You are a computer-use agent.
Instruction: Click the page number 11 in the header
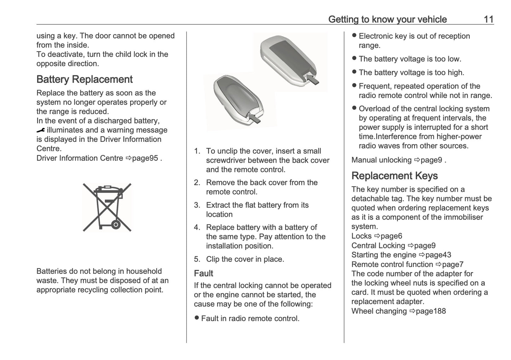coord(488,19)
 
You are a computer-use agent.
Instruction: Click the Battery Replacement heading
coord(84,79)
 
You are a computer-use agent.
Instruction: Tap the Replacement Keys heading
coord(394,176)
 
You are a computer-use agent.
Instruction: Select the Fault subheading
coord(203,273)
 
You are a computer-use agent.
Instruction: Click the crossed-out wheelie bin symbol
coord(107,207)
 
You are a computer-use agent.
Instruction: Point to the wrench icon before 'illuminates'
coord(41,130)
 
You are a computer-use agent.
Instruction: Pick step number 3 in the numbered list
coord(197,205)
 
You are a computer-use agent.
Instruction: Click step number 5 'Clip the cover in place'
coord(197,259)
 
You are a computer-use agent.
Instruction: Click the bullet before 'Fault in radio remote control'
coord(197,318)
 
